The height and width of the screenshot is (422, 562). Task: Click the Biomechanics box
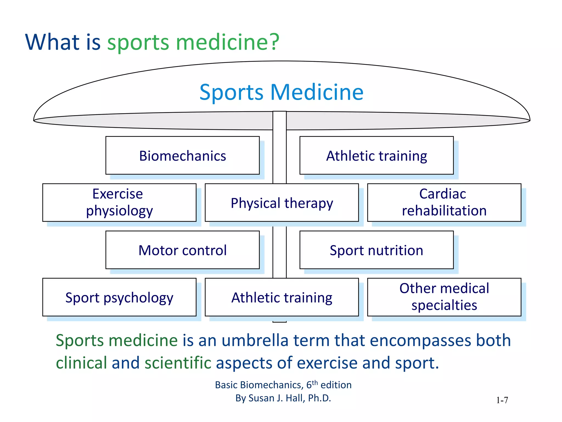pyautogui.click(x=182, y=156)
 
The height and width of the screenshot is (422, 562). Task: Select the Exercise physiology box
pyautogui.click(x=119, y=202)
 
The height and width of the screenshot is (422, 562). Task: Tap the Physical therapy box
pyautogui.click(x=282, y=203)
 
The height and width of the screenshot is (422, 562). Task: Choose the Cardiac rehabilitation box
pyautogui.click(x=444, y=202)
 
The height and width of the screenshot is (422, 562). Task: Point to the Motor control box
pyautogui.click(x=182, y=250)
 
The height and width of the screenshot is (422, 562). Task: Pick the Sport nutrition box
pyautogui.click(x=376, y=250)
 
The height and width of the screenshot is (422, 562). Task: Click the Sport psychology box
pyautogui.click(x=119, y=297)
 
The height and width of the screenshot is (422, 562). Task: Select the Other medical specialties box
pyautogui.click(x=444, y=297)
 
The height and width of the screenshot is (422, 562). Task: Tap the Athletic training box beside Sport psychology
pyautogui.click(x=282, y=297)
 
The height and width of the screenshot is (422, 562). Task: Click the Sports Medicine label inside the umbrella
pyautogui.click(x=282, y=92)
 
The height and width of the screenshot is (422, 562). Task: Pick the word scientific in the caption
pyautogui.click(x=178, y=363)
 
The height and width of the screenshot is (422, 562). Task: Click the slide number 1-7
pyautogui.click(x=502, y=400)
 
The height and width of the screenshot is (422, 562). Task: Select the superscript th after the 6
pyautogui.click(x=315, y=382)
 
